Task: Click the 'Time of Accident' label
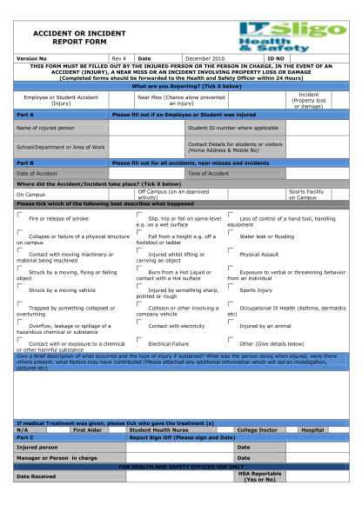coord(208,173)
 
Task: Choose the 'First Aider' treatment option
coord(88,429)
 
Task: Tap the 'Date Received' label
coord(35,476)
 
